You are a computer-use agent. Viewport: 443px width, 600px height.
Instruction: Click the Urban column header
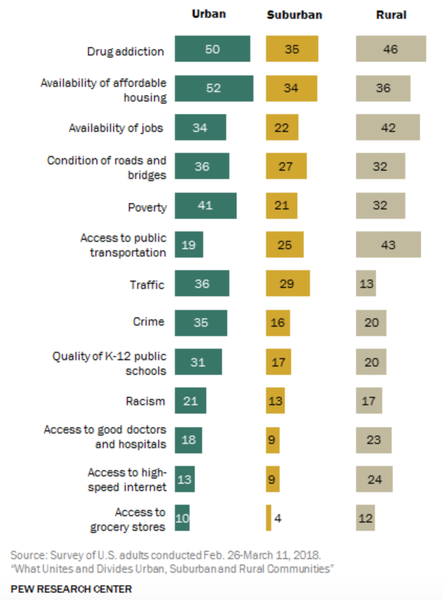[208, 14]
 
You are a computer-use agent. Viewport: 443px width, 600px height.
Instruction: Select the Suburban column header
[294, 15]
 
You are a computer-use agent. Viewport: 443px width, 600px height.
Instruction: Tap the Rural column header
[391, 15]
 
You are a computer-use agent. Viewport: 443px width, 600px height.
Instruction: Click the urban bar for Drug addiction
[212, 49]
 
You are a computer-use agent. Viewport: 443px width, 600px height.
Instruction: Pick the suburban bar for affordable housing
[291, 88]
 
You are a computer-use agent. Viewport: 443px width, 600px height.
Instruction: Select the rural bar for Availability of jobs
[387, 128]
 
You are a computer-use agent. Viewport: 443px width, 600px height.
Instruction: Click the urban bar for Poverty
[205, 205]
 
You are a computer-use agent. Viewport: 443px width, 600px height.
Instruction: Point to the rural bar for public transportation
[388, 245]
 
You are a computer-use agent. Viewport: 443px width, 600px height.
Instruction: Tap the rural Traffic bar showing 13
[366, 284]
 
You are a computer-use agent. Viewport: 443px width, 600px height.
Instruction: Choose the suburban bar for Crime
[278, 323]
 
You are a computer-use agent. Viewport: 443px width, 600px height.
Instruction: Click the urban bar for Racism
[190, 401]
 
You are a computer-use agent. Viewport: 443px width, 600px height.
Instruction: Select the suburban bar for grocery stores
[269, 518]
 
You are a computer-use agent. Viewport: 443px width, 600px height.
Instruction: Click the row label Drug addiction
[125, 51]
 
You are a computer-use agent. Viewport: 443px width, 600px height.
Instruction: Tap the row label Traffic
[147, 285]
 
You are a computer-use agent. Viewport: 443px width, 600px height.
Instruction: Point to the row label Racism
[145, 402]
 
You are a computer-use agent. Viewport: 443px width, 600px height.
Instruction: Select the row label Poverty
[147, 207]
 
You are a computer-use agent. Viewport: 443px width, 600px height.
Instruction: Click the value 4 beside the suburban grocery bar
[278, 518]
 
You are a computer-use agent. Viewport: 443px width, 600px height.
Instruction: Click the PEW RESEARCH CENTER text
[71, 589]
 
